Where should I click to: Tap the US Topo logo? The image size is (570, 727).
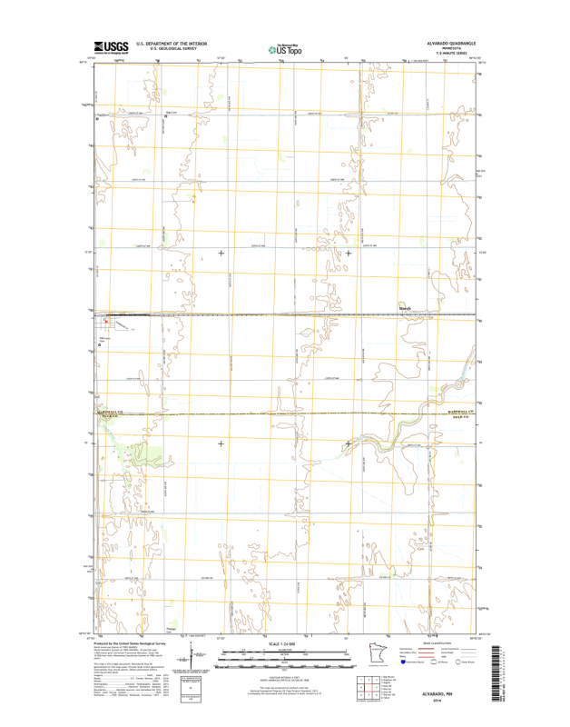point(285,48)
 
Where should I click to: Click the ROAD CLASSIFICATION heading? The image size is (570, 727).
point(438,642)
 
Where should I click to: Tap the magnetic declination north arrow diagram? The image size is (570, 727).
point(193,654)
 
